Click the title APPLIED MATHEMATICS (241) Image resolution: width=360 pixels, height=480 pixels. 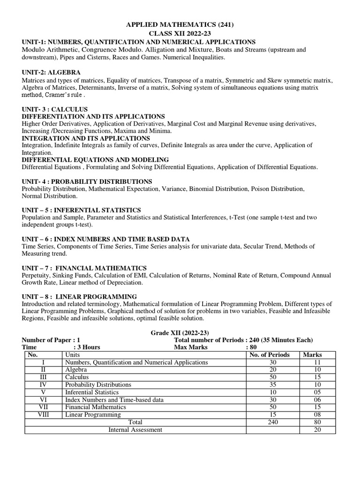pyautogui.click(x=180, y=25)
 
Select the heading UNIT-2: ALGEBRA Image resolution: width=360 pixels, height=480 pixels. pyautogui.click(x=51, y=72)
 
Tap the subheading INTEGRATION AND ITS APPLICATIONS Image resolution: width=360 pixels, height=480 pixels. pyautogui.click(x=86, y=138)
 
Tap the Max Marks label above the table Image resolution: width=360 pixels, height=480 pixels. pyautogui.click(x=191, y=347)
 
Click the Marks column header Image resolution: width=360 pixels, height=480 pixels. pyautogui.click(x=313, y=355)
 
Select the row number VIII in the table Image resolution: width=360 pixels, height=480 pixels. pyautogui.click(x=43, y=414)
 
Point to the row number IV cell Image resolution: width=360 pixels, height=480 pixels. pyautogui.click(x=43, y=384)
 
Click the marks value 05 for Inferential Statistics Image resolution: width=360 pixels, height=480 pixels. pyautogui.click(x=317, y=392)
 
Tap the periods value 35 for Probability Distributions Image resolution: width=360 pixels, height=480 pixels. pyautogui.click(x=273, y=384)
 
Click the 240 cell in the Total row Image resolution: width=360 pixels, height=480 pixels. pyautogui.click(x=273, y=422)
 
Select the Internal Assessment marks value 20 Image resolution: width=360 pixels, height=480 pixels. pyautogui.click(x=317, y=429)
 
